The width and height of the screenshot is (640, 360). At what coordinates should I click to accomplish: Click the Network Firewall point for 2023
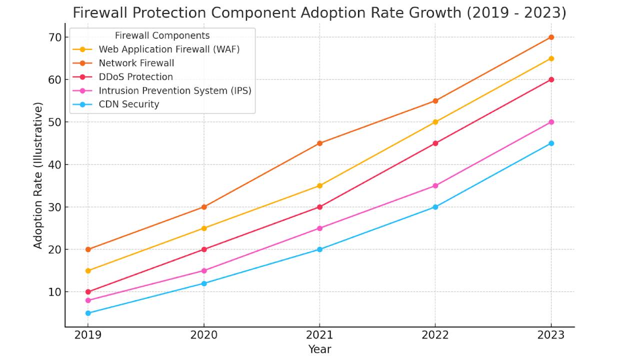(551, 37)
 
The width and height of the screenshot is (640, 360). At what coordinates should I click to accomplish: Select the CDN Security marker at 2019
(88, 313)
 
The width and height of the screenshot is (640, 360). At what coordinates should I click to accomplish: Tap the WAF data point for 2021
(319, 185)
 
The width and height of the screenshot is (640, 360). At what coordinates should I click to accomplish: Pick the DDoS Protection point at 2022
(435, 143)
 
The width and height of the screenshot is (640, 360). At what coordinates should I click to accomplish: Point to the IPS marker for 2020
(204, 270)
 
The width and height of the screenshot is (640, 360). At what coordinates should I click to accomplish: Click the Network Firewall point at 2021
(319, 143)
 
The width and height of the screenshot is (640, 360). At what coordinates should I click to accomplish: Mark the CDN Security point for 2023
(551, 143)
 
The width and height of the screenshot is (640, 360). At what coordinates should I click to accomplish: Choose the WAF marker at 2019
(88, 270)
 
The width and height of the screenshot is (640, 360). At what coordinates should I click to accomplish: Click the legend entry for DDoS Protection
(135, 77)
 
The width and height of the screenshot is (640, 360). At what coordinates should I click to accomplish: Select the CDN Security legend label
(128, 104)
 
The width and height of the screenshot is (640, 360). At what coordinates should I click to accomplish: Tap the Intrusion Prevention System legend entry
(174, 90)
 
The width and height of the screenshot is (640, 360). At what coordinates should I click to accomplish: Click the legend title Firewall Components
(162, 35)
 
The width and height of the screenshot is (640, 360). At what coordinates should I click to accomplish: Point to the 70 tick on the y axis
(55, 37)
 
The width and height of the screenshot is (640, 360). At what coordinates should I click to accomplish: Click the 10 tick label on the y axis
(55, 292)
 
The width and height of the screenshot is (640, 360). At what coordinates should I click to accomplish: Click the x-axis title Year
(319, 349)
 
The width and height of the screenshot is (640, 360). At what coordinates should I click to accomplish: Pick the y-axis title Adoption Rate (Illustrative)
(38, 175)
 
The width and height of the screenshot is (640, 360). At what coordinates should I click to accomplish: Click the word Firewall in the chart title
(101, 13)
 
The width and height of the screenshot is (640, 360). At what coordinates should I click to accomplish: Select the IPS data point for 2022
(435, 185)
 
